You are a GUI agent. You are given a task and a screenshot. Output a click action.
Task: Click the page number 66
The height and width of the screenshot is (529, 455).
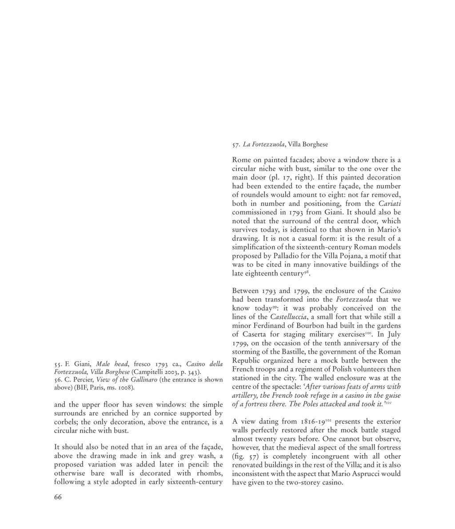coord(58,497)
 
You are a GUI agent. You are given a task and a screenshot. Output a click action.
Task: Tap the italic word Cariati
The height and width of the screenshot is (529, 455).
coord(389,204)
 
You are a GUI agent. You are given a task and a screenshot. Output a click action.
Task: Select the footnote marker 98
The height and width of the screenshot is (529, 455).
coord(307,271)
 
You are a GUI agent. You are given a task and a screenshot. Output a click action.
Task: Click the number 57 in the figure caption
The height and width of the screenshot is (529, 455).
coord(236,144)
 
